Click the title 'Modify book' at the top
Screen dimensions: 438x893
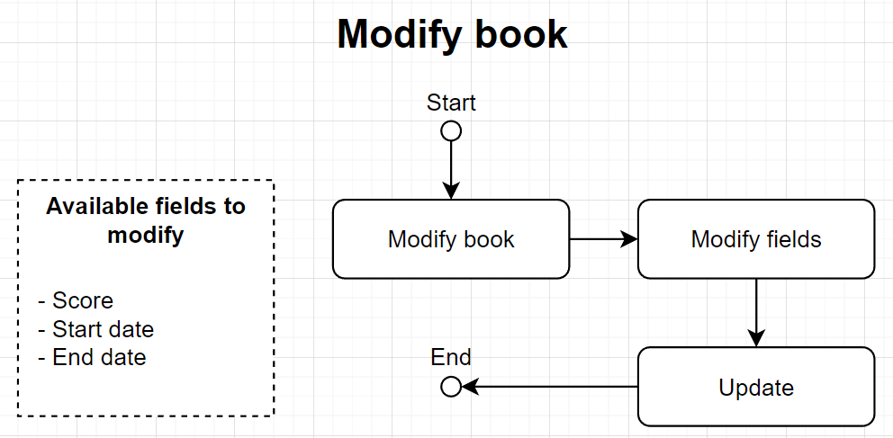point(452,35)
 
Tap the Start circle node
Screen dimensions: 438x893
point(451,131)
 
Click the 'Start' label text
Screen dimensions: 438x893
point(451,103)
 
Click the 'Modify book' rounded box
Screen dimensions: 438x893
point(451,239)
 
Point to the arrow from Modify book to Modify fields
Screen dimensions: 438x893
point(603,239)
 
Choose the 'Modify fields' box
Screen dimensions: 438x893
point(756,239)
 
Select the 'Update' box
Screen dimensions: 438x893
point(756,387)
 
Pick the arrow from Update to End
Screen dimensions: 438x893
point(549,387)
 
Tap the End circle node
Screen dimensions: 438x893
point(451,387)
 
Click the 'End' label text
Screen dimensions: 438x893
point(451,357)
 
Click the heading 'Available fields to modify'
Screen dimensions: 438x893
point(146,220)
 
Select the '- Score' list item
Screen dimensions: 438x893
point(76,300)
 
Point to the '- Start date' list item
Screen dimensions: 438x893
point(95,329)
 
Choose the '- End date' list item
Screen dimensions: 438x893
point(92,357)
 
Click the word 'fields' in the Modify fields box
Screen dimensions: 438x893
point(790,239)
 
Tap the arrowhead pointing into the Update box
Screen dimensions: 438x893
point(756,338)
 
